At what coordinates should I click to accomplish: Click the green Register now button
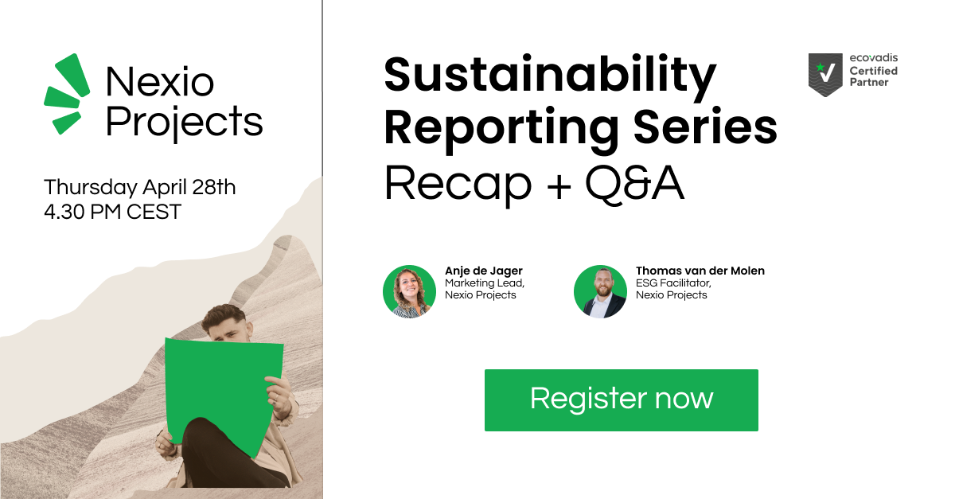(x=622, y=400)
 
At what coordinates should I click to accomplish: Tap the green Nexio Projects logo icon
(x=67, y=94)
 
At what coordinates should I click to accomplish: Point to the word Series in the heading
(x=706, y=127)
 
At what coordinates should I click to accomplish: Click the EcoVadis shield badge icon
(x=825, y=75)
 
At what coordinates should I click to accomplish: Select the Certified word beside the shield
(x=874, y=71)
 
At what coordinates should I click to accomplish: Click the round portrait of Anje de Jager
(x=409, y=292)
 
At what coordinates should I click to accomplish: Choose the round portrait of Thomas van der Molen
(x=600, y=292)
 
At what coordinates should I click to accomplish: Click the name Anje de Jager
(x=484, y=271)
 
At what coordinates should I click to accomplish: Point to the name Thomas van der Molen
(x=700, y=271)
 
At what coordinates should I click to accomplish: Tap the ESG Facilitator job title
(x=673, y=283)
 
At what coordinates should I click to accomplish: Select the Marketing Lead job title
(x=485, y=283)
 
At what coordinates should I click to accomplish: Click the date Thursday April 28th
(x=140, y=187)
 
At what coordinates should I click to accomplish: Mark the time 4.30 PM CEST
(x=112, y=212)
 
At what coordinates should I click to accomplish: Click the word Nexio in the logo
(x=159, y=81)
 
